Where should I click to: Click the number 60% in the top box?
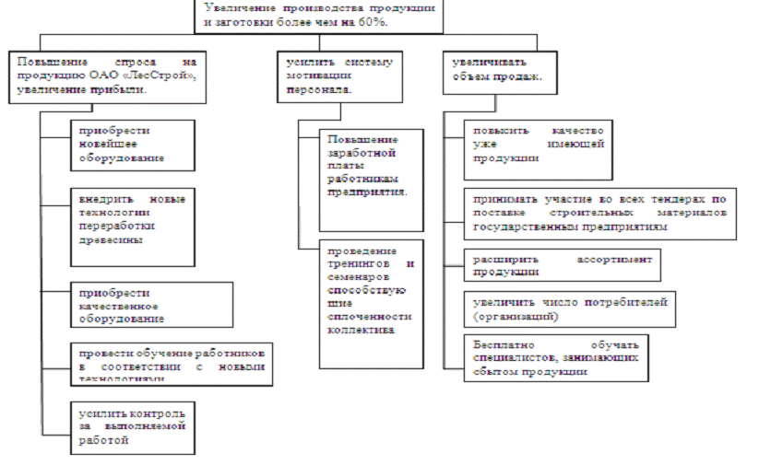pos(371,21)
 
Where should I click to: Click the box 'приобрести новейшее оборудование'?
pos(134,145)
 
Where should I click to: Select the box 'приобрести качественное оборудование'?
pos(134,304)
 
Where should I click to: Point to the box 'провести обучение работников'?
pos(171,360)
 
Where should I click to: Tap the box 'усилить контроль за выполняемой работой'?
pos(134,426)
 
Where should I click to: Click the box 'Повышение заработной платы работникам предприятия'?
pos(371,179)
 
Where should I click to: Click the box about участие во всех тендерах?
pos(600,212)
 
